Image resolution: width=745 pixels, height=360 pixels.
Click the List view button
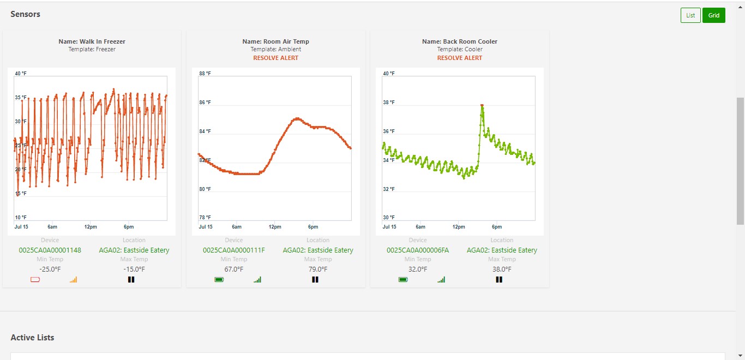pos(690,15)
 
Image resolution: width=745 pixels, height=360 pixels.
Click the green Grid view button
pos(714,15)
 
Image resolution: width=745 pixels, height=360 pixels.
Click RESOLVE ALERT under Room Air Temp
pos(276,58)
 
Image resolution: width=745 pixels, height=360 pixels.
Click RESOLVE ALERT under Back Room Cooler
pos(460,58)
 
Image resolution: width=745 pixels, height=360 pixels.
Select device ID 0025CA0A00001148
pos(50,250)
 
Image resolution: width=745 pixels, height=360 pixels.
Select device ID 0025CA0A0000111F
pos(233,250)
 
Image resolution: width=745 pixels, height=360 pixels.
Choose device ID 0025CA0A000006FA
pos(418,250)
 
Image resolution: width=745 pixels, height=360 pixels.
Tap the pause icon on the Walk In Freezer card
pos(131,280)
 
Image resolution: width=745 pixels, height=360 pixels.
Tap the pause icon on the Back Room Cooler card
pos(498,280)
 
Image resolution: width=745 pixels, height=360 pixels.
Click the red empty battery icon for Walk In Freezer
pos(35,280)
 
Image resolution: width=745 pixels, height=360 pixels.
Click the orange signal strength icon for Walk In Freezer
pos(74,280)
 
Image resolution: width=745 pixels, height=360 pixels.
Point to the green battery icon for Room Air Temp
pos(219,280)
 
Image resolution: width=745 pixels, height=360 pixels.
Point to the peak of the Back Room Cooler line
pos(482,105)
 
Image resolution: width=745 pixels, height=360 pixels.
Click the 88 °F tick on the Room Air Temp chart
pos(205,74)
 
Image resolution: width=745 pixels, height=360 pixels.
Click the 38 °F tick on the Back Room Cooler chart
pos(388,103)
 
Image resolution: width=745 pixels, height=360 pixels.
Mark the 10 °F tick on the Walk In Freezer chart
pos(21,218)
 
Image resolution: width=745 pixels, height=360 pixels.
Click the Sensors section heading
pos(26,14)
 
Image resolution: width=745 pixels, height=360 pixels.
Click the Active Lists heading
pos(32,338)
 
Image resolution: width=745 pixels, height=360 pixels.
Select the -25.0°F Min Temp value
pos(50,269)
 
